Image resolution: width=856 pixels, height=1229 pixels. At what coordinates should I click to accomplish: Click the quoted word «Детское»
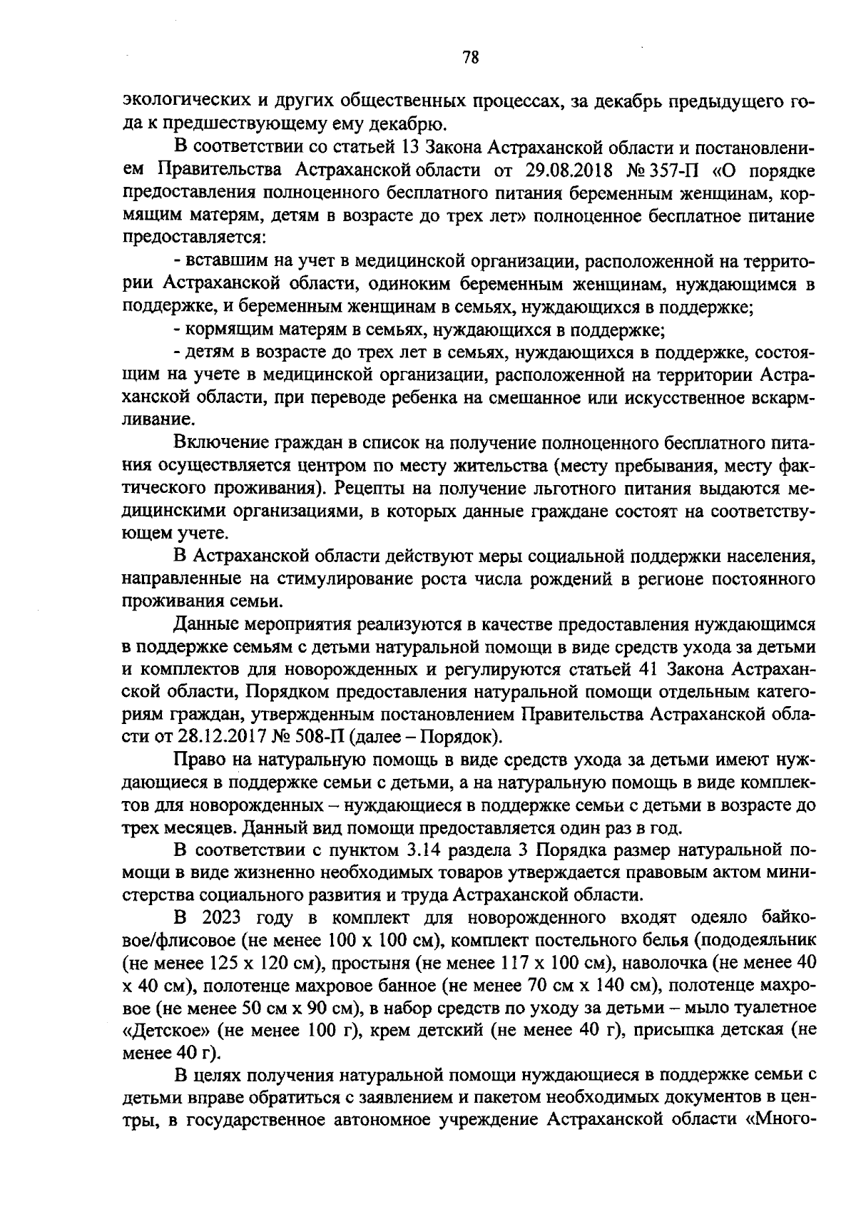[x=163, y=1029]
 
